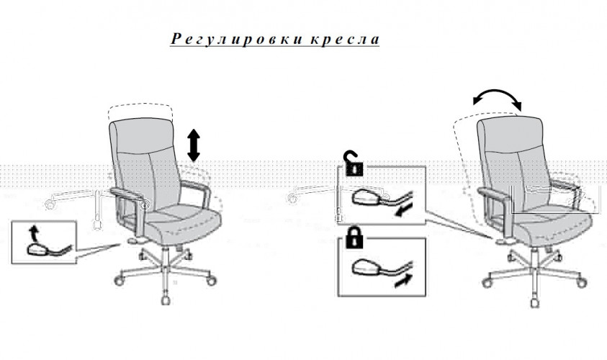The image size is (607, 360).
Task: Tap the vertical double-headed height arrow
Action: [193, 144]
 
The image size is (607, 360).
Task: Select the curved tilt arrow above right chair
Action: [497, 99]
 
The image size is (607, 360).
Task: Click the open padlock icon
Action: [353, 166]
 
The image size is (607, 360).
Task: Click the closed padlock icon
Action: [353, 238]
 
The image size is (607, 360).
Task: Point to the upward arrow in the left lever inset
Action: [32, 233]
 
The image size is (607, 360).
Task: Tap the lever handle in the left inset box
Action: [35, 249]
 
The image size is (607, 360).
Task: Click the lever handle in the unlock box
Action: [365, 196]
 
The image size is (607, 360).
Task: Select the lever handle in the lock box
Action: [365, 269]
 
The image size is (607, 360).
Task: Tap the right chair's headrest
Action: [513, 130]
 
